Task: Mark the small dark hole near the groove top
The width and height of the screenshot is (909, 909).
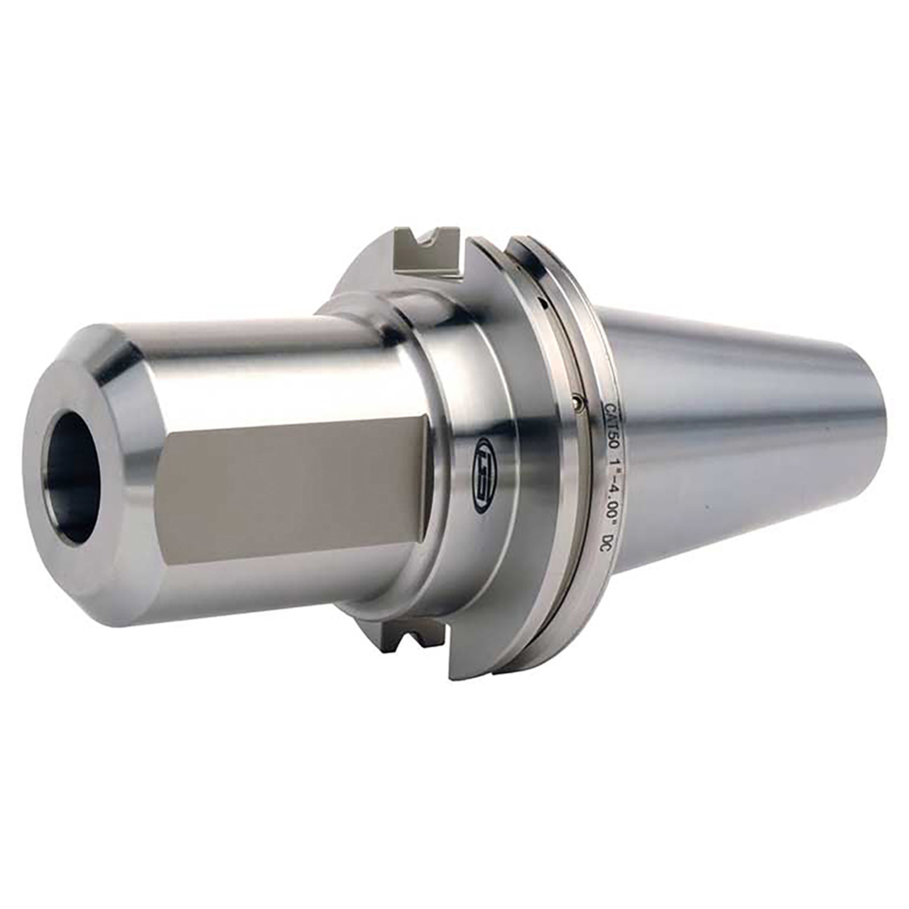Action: click(543, 303)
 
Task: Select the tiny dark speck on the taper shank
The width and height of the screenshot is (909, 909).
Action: click(705, 508)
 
